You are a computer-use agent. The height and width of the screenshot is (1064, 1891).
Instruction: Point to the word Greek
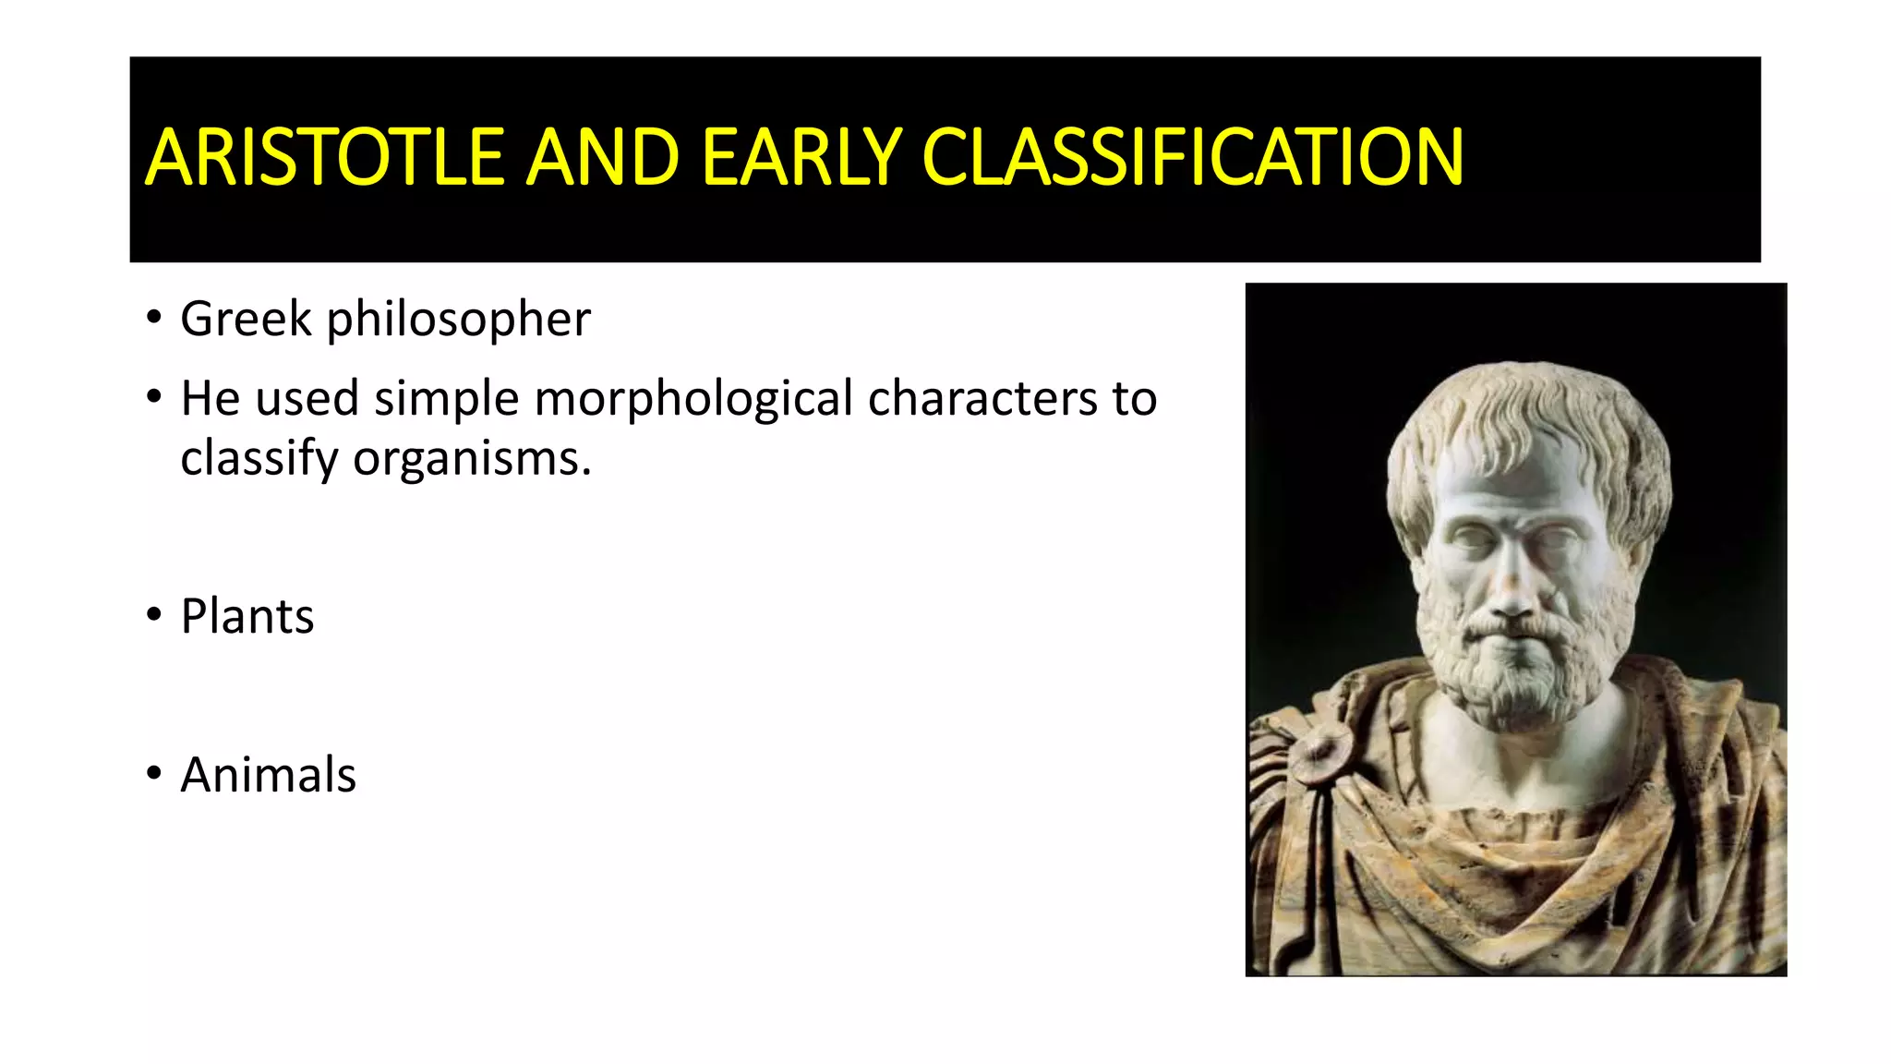point(246,320)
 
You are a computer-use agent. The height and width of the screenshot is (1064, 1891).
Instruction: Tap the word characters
point(982,399)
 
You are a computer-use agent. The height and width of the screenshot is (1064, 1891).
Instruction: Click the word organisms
point(471,459)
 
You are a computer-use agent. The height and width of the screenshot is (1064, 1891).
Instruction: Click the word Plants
point(247,617)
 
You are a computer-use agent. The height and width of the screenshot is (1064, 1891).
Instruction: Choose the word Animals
point(268,775)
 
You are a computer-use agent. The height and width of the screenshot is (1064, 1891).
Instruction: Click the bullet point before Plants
point(153,615)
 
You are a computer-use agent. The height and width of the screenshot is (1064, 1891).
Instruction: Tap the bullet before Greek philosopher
point(153,319)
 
